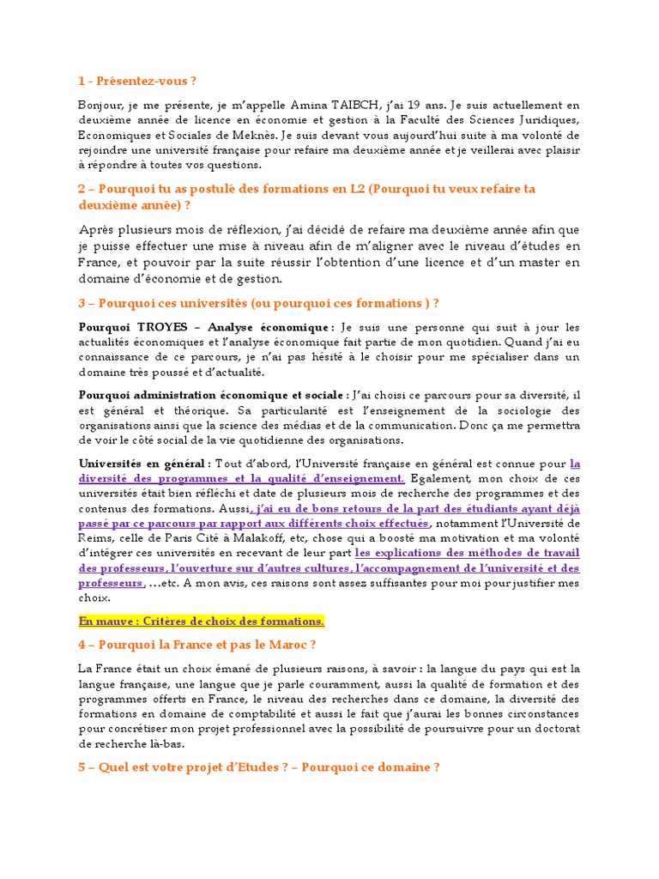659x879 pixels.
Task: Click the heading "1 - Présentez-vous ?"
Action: pyautogui.click(x=136, y=82)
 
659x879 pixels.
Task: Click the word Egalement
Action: pyautogui.click(x=440, y=478)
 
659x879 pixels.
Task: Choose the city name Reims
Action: pyautogui.click(x=94, y=538)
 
